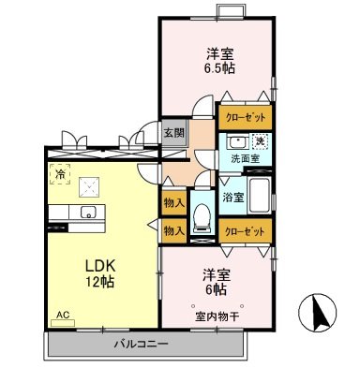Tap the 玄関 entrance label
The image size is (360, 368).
tap(173, 132)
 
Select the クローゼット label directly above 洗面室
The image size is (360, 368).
tap(246, 119)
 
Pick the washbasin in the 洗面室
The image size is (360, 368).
tap(234, 142)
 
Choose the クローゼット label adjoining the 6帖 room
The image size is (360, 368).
tap(246, 230)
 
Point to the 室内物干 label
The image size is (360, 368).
tap(217, 316)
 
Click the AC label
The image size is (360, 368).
tap(64, 316)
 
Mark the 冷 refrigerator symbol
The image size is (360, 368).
tap(59, 173)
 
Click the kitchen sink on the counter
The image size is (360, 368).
tap(88, 211)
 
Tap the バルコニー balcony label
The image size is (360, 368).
tap(141, 345)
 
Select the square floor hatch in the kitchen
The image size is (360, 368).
tap(93, 184)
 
